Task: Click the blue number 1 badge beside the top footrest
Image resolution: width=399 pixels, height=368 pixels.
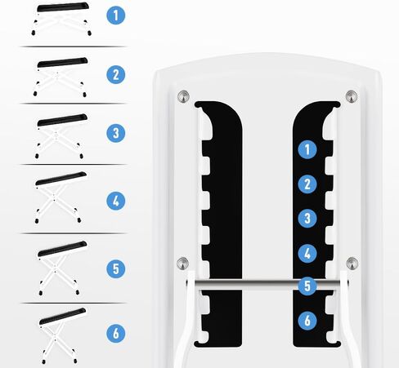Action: (116, 16)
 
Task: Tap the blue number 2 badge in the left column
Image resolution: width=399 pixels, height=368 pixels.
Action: (116, 74)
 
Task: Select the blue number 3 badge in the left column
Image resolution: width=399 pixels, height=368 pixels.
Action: (116, 133)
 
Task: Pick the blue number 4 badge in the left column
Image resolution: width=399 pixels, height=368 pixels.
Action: (116, 201)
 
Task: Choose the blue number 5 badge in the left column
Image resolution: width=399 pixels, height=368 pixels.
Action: (116, 268)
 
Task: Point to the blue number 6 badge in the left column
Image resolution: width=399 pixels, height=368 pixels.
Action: (116, 333)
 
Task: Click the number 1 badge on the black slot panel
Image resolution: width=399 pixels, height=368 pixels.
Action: (307, 149)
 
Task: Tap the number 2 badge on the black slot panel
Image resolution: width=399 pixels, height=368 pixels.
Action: (307, 184)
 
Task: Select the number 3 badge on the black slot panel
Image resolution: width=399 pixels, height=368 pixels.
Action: (307, 218)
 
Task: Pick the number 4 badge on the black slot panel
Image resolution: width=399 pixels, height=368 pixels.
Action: (307, 254)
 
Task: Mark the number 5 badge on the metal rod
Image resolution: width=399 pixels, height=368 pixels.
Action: (307, 286)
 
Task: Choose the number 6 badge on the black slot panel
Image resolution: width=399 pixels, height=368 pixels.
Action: (307, 321)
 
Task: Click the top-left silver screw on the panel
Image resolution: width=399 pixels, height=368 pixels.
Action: (183, 96)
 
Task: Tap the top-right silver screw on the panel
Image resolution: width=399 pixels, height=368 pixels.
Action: (352, 96)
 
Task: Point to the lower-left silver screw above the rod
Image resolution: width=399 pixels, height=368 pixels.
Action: (182, 263)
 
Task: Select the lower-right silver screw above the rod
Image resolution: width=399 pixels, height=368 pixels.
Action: (352, 263)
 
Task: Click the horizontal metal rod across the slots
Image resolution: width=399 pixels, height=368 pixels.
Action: (267, 284)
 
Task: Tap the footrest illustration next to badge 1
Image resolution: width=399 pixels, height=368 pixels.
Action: (61, 19)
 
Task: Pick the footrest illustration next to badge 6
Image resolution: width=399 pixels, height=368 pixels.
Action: (61, 336)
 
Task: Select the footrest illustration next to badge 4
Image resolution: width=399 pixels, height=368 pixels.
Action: (61, 197)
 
